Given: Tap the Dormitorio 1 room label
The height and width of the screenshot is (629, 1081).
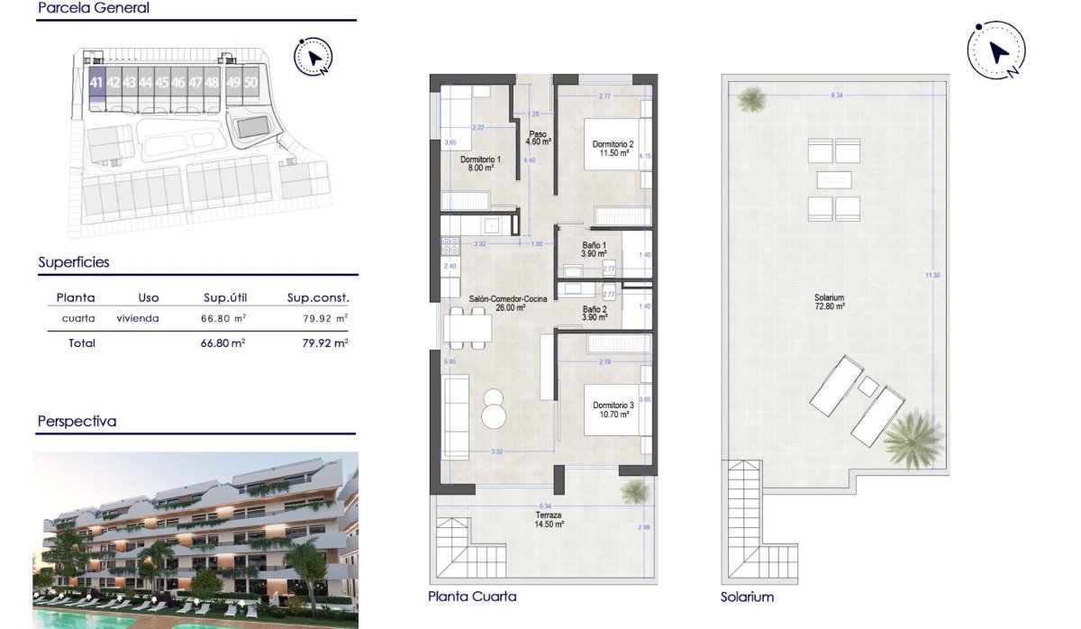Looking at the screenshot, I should tap(480, 163).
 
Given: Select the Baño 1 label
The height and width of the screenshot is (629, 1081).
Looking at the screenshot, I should tap(594, 250).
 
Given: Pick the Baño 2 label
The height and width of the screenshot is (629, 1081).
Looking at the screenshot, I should tap(594, 313).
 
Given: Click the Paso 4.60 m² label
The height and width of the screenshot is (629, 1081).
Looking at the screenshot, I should tap(537, 138).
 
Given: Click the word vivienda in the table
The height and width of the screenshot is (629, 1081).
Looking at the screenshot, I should tap(138, 318).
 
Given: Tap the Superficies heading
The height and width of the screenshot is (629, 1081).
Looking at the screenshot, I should tap(74, 262).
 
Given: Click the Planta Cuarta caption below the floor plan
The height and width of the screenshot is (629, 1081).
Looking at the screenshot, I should tap(473, 597).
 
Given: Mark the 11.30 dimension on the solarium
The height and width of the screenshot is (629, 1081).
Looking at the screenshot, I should tap(932, 276).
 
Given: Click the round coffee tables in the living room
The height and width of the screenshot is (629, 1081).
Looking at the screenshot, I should tap(495, 407).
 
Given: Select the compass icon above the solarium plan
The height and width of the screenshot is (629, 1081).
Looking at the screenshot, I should tap(996, 52).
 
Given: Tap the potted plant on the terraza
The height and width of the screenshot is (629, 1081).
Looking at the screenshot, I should tap(634, 490).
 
